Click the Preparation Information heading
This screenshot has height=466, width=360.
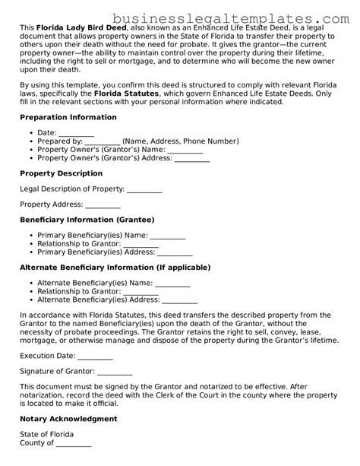[68, 117]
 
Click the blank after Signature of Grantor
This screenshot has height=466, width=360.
[115, 372]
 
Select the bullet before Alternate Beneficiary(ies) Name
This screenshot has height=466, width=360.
[29, 284]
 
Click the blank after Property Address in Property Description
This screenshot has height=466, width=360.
[103, 205]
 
